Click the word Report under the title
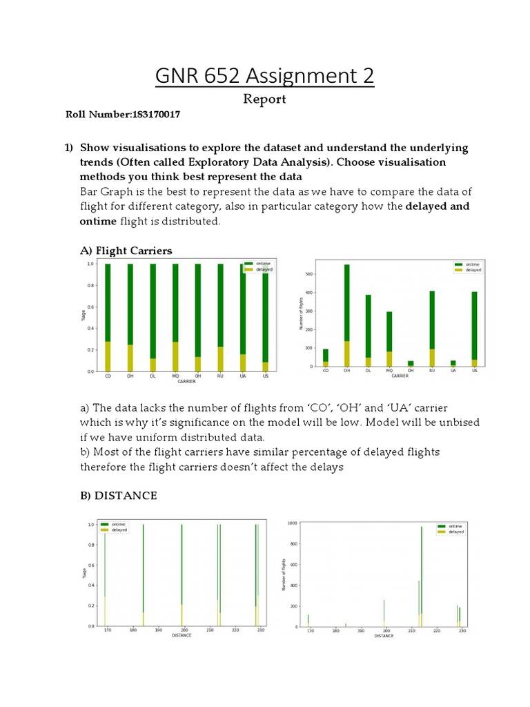[264, 99]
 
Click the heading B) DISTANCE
[119, 496]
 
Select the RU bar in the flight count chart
[432, 325]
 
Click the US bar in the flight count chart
[474, 325]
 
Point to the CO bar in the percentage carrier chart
[108, 318]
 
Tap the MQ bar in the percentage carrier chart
[175, 318]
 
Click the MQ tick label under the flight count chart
[389, 371]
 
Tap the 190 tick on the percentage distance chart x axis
[158, 630]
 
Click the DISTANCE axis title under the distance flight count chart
[384, 636]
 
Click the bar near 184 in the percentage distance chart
[143, 573]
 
